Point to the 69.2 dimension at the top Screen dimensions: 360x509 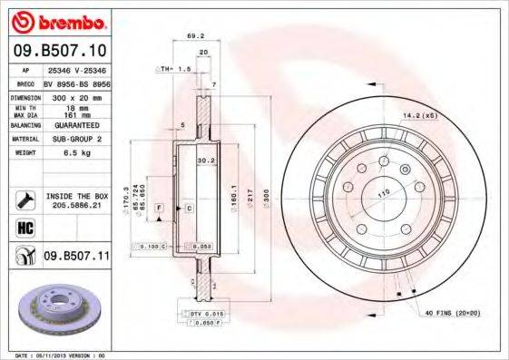(193, 36)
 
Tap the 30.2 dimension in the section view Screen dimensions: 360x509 (205, 161)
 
